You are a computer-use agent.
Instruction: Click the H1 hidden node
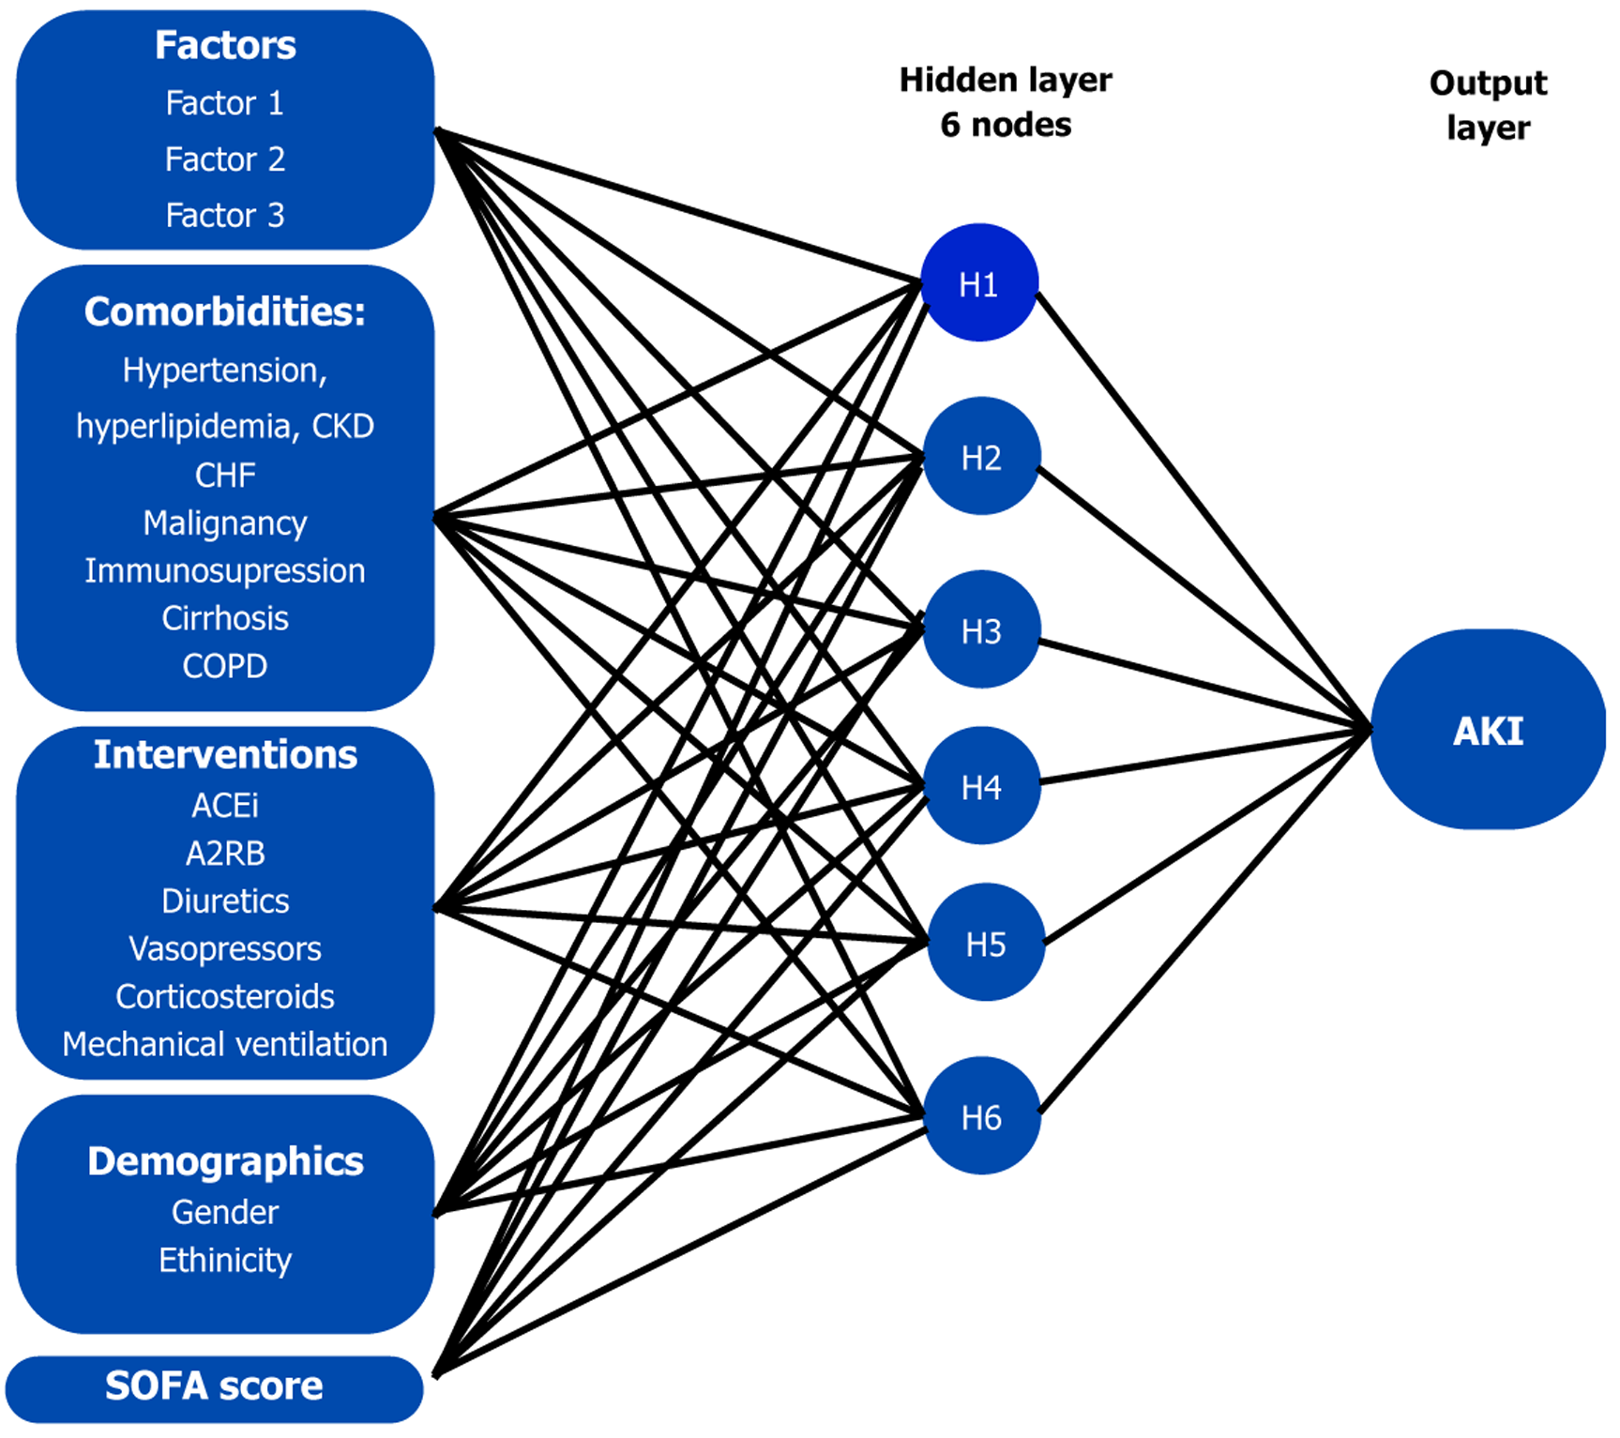978,283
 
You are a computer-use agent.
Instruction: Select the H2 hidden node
981,457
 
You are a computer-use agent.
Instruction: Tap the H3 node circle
981,630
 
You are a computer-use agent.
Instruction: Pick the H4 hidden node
981,786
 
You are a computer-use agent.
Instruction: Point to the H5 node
985,943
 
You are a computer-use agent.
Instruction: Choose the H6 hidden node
981,1116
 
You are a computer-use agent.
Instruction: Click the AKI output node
1488,730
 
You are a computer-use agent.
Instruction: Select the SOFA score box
214,1386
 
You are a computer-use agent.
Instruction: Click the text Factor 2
225,159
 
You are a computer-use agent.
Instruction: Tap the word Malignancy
225,522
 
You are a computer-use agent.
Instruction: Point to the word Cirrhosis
225,618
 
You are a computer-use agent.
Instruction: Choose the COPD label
225,666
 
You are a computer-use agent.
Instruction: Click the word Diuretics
225,901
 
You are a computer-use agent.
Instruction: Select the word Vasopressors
225,948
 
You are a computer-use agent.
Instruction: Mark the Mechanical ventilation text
225,1044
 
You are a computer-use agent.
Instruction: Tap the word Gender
225,1212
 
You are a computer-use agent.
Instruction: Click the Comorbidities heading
225,311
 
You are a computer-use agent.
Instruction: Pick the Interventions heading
225,754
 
